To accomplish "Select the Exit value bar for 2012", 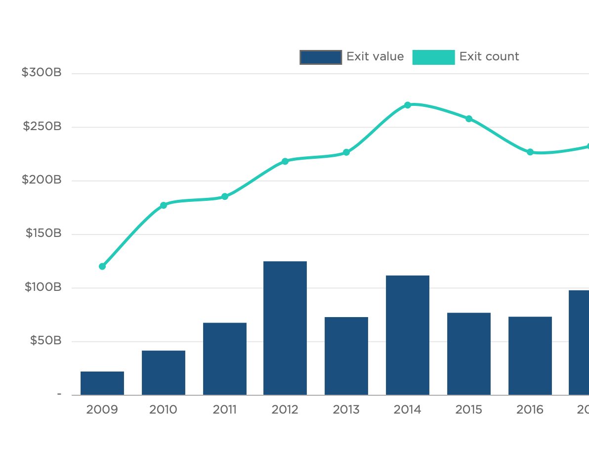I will (x=285, y=327).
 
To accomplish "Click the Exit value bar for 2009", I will (x=102, y=383).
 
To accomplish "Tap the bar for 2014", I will (x=408, y=335).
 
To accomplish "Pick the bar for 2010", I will (x=164, y=373).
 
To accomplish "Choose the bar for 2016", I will (x=530, y=356).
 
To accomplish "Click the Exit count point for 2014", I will (x=408, y=105).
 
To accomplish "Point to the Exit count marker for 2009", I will (x=102, y=267).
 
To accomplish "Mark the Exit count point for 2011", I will (x=225, y=196).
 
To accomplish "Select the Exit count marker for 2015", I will (x=469, y=119).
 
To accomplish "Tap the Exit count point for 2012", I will (x=285, y=161).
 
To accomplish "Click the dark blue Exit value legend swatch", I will (x=321, y=57).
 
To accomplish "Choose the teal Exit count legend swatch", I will (x=433, y=57).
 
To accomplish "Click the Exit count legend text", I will (x=489, y=57).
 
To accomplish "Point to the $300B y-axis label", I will (x=42, y=73).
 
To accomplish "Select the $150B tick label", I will (x=43, y=233).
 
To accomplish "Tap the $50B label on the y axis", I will (x=45, y=340).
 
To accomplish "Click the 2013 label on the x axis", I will (x=346, y=410).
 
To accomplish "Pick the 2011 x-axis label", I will (x=225, y=410).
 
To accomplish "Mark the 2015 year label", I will (x=469, y=410).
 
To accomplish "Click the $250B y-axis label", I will (x=42, y=126).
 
